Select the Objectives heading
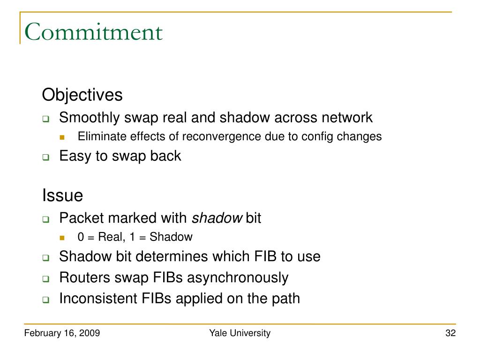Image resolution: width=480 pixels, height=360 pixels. point(82,95)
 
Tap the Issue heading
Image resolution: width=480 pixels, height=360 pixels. point(62,195)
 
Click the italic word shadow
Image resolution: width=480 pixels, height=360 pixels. point(217,218)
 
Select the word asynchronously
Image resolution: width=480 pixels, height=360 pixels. point(238,277)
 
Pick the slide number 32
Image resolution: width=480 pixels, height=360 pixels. point(450,333)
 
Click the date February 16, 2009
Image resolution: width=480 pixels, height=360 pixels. point(62,333)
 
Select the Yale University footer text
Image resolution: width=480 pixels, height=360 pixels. point(240,333)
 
